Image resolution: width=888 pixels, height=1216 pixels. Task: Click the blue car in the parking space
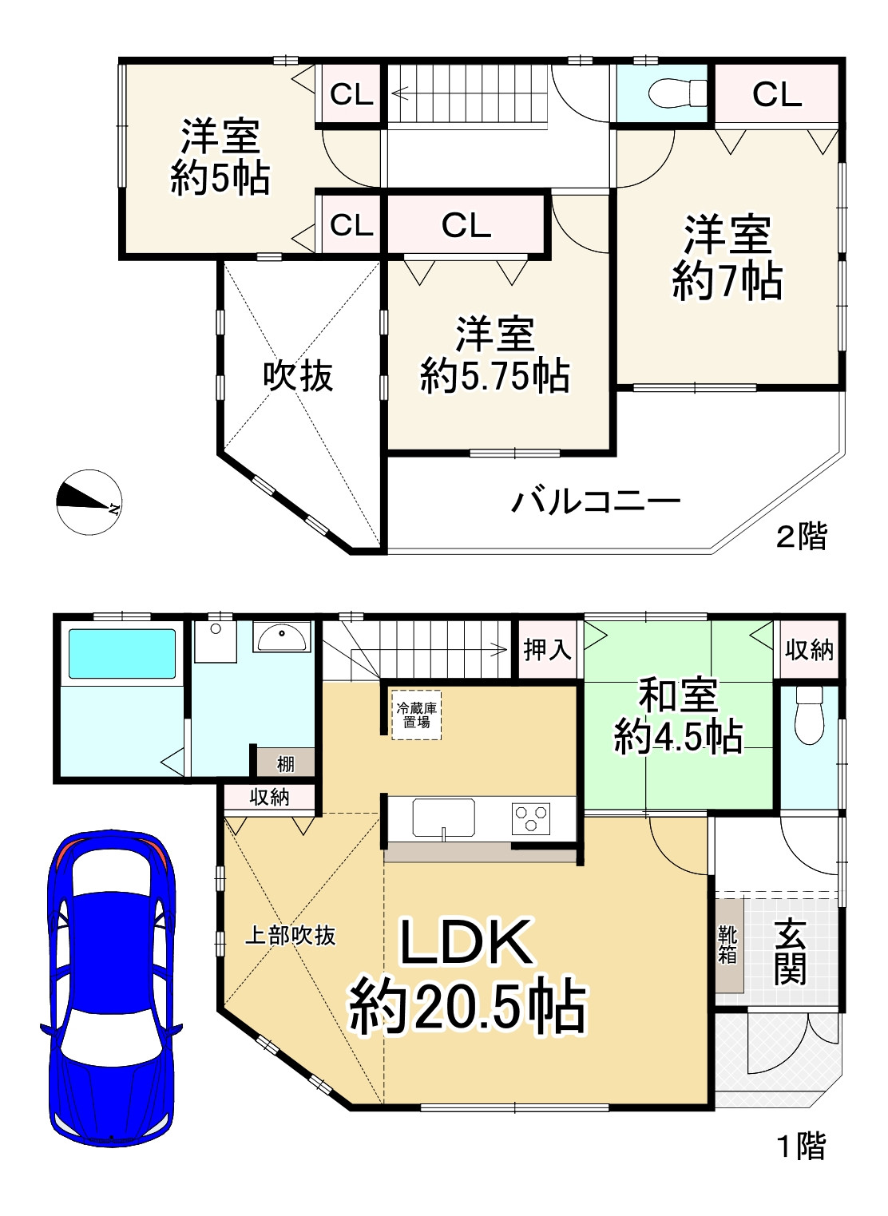click(x=111, y=987)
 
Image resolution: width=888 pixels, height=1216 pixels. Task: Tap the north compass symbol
click(x=89, y=502)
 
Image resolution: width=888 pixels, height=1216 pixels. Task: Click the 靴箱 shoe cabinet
click(x=728, y=945)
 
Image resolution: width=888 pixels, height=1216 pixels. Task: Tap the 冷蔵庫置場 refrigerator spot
click(x=416, y=715)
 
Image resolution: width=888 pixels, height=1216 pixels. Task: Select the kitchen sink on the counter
click(x=443, y=818)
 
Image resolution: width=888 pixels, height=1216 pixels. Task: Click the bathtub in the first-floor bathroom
click(x=122, y=654)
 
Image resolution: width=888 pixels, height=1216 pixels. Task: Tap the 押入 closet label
click(x=548, y=649)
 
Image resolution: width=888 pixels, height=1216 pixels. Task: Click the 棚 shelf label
click(x=285, y=763)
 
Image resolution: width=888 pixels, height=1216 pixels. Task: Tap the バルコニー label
click(x=596, y=502)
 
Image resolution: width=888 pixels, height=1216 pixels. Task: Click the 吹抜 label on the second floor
click(x=299, y=376)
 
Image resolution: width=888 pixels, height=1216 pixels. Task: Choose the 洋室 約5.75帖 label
click(x=495, y=355)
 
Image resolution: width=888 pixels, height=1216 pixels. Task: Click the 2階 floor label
click(x=802, y=536)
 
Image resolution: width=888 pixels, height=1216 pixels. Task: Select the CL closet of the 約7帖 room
click(x=776, y=94)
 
